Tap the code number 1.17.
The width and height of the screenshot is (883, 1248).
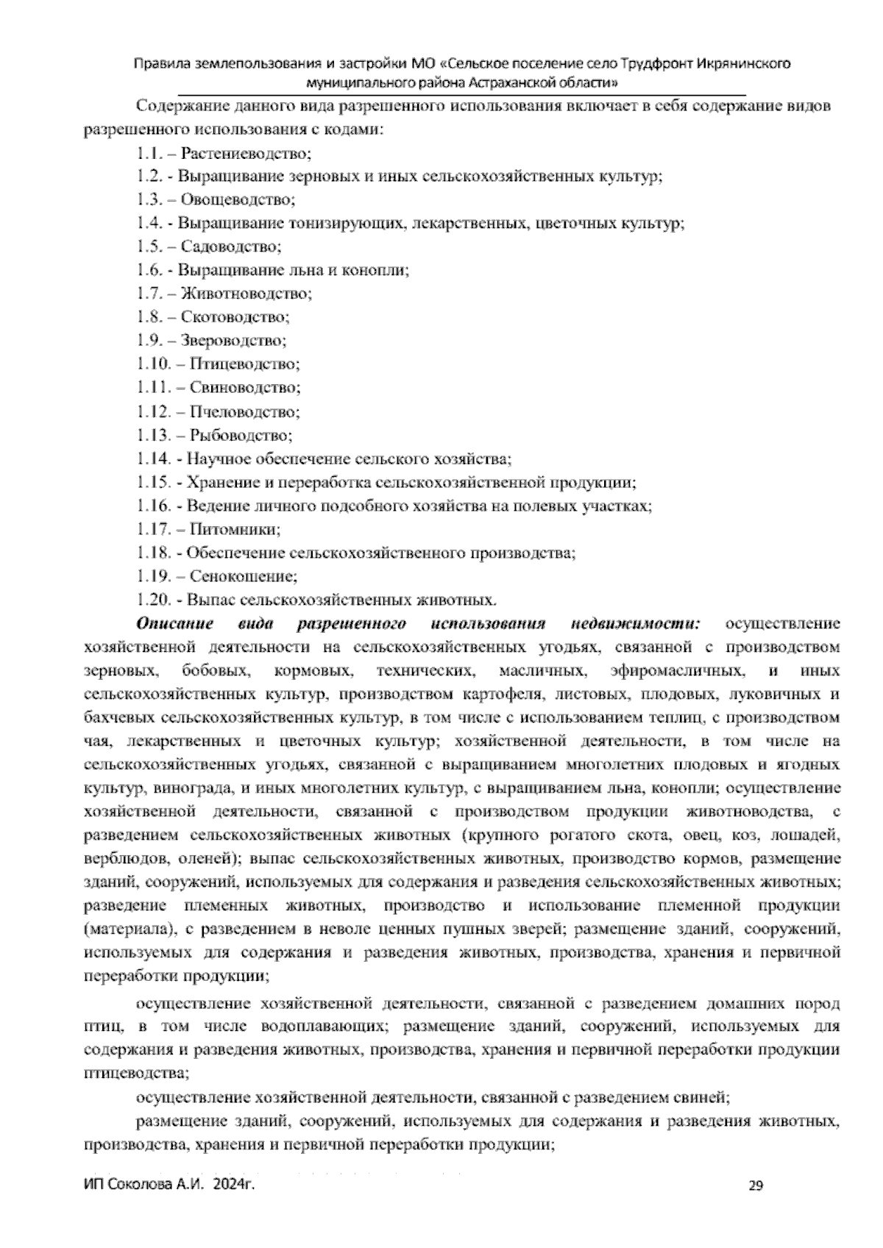point(152,529)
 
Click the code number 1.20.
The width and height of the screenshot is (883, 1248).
point(152,600)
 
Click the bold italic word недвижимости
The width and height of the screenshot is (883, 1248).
point(636,624)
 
